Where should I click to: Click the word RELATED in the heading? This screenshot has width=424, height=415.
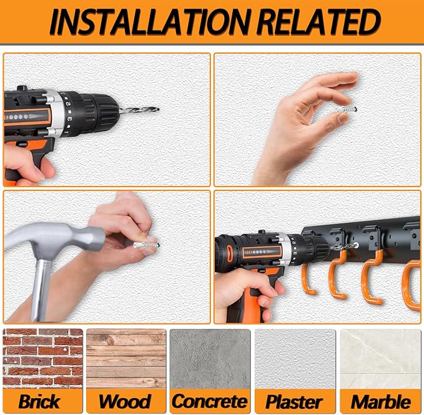(318, 22)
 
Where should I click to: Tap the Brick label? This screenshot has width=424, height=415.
(39, 401)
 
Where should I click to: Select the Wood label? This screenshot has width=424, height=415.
(125, 401)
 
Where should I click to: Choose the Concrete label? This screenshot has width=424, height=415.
(210, 401)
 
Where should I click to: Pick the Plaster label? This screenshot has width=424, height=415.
(295, 401)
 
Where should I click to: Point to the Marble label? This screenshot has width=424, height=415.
(381, 401)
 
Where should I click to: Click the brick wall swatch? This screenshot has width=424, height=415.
(42, 359)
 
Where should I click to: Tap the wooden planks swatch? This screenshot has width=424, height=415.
(126, 359)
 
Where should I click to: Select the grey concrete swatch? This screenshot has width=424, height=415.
(210, 359)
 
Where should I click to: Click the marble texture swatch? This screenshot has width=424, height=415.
(380, 359)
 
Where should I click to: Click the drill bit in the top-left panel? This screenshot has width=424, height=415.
(139, 110)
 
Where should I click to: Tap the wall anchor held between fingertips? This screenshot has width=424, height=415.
(347, 109)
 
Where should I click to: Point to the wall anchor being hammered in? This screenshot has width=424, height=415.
(146, 245)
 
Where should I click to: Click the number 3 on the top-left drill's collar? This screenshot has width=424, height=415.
(69, 119)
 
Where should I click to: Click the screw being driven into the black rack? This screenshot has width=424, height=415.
(345, 247)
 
